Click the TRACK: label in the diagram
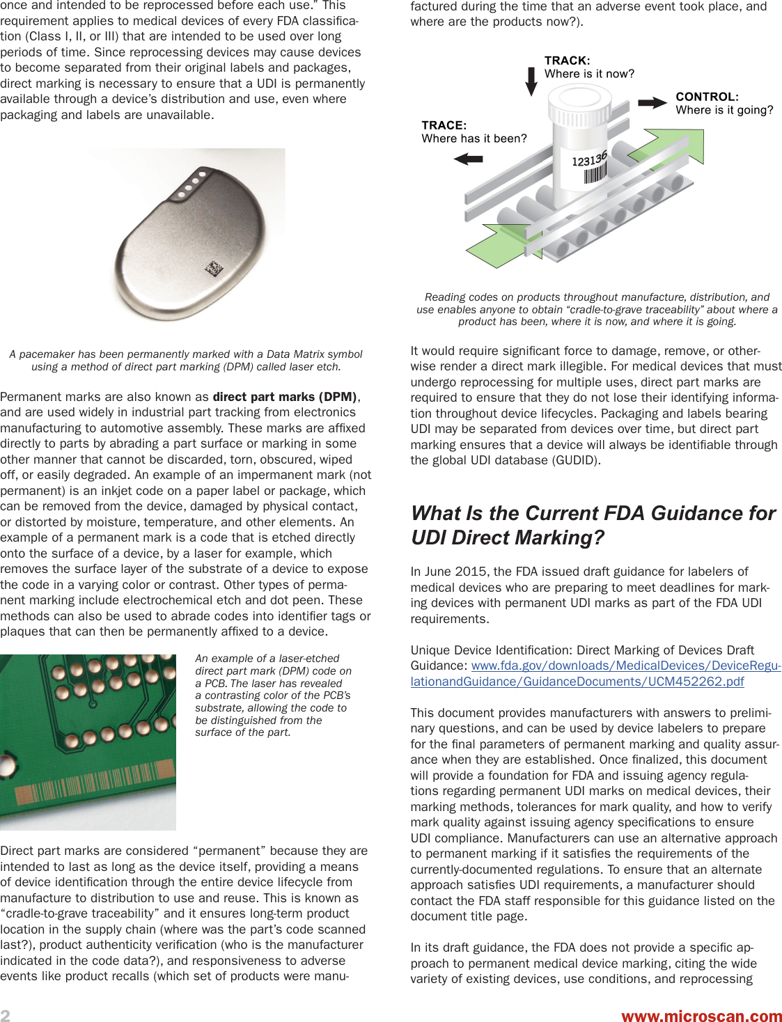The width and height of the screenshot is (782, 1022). coord(567,61)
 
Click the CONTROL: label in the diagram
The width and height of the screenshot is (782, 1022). coord(707,97)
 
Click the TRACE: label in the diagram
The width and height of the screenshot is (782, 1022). coord(444,125)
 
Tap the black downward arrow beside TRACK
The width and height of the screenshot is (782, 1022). coord(531,81)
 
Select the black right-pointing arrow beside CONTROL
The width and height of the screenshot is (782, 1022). coord(652,103)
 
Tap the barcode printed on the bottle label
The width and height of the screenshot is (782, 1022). coord(595,173)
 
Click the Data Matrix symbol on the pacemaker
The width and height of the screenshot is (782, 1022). coord(214,268)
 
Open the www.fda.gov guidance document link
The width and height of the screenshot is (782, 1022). coord(595,673)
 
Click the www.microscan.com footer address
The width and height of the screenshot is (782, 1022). coord(701,1016)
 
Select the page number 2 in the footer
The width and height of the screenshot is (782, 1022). coord(6,1015)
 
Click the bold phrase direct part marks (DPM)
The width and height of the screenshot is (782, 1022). coord(286,397)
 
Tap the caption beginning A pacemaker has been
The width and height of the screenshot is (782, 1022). coord(186,360)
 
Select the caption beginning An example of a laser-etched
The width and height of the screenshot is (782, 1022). coord(273,695)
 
